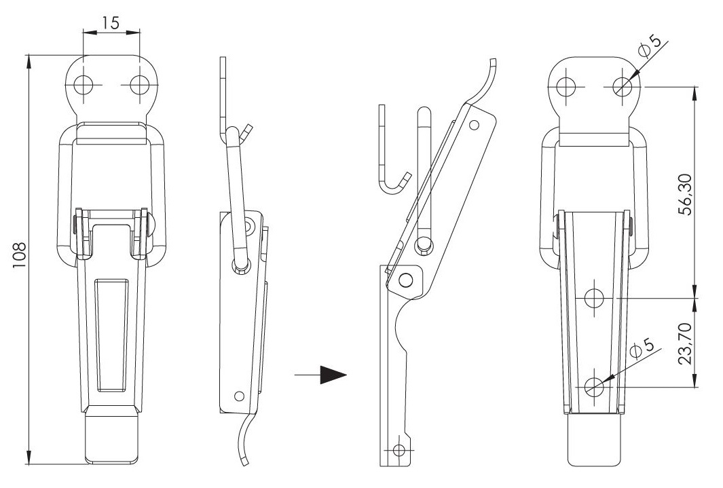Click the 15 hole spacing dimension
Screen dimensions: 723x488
(111, 22)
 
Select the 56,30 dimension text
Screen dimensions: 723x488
(686, 194)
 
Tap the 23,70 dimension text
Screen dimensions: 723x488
(686, 343)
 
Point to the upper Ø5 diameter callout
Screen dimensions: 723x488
(650, 45)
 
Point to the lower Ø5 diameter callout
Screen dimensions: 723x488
(642, 349)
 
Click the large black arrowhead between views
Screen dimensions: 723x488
(333, 375)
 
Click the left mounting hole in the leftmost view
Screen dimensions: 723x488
(84, 85)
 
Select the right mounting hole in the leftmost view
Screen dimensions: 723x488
(139, 85)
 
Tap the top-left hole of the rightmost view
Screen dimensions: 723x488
(566, 86)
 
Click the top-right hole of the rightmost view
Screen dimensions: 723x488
(622, 86)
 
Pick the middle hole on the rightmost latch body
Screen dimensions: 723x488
(594, 298)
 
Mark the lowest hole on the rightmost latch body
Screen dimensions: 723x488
(594, 387)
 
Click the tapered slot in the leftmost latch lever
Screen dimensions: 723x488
(111, 335)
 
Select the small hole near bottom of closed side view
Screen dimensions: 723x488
(239, 396)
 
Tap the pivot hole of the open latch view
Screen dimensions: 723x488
(406, 279)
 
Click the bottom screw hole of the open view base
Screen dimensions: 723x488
(399, 450)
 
